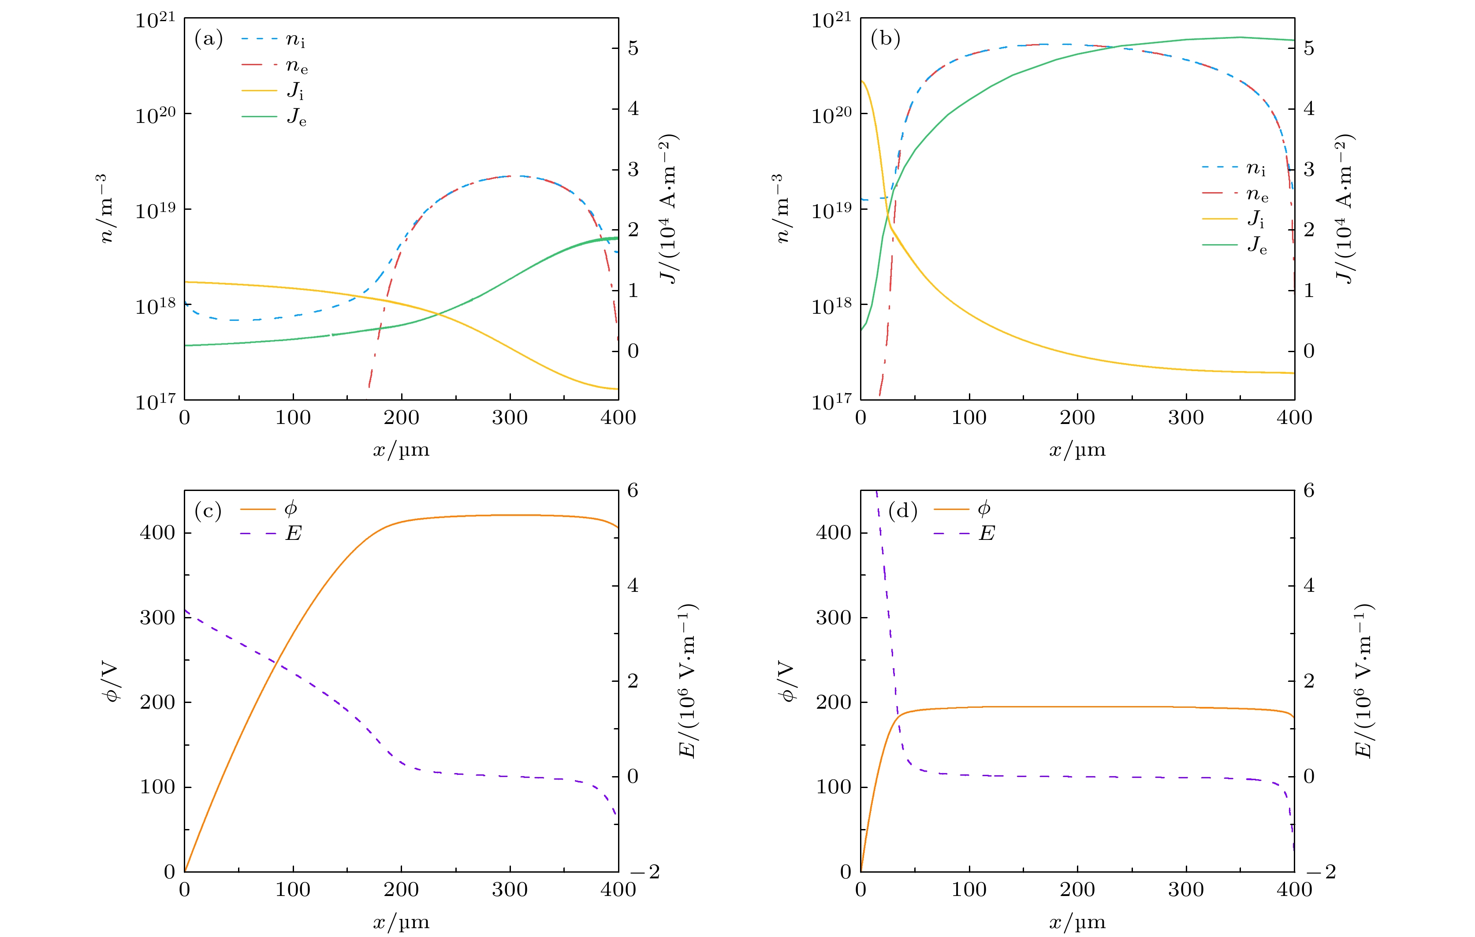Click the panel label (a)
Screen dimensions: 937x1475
[x=208, y=39]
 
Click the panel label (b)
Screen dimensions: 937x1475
[x=885, y=39]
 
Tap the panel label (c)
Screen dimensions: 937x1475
[x=208, y=511]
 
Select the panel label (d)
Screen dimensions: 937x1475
[x=903, y=511]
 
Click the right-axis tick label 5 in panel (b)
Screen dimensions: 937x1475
[x=1309, y=48]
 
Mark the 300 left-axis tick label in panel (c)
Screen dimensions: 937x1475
[x=157, y=617]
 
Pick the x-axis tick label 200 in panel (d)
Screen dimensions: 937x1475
[x=1077, y=890]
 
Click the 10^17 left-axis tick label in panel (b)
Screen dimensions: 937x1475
[x=831, y=401]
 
